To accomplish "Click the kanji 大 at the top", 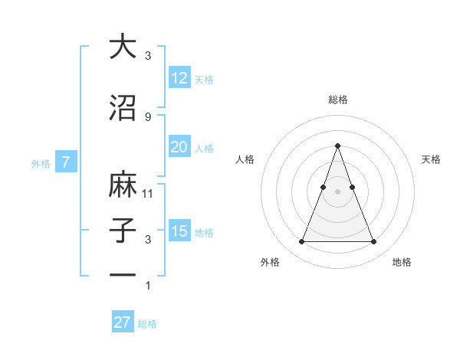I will point(123,47).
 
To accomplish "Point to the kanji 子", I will point(123,231).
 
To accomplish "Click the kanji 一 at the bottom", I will point(123,275).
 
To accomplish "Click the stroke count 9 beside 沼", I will point(147,116).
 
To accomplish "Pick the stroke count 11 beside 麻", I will point(148,193).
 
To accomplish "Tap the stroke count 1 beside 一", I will point(148,285).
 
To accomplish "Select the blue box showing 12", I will point(179,78).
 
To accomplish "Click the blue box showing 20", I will point(179,147).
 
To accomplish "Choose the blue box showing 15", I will point(179,231).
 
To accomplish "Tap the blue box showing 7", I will point(66,162).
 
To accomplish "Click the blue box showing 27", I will point(123,322).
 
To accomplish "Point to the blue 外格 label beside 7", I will point(41,163).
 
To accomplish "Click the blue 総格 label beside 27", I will point(147,324).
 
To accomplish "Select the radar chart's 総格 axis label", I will point(337,100).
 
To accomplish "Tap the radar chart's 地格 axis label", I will point(402,262).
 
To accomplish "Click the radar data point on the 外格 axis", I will point(301,242).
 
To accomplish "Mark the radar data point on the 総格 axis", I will point(337,146).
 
